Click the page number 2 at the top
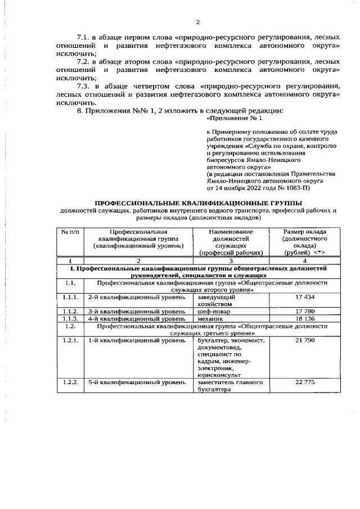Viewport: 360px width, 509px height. pos(198,22)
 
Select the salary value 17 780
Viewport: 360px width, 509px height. pos(304,311)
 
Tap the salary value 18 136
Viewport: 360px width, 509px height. pos(304,318)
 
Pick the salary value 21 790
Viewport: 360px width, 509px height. pos(304,341)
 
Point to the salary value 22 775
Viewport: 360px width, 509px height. pos(304,382)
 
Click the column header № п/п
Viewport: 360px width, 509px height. pos(70,232)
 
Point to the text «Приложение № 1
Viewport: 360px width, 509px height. pos(235,119)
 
